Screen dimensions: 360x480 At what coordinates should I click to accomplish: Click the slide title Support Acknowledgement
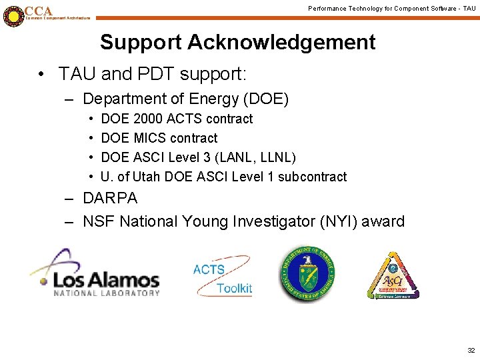[237, 42]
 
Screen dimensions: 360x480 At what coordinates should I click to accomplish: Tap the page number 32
[471, 350]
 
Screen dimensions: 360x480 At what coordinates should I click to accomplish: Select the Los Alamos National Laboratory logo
[95, 273]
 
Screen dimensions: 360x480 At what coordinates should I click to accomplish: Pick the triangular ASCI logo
[393, 276]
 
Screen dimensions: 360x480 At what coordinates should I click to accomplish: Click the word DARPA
[110, 198]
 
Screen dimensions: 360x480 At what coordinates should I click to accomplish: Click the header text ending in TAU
[391, 8]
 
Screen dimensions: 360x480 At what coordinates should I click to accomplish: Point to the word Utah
[147, 177]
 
